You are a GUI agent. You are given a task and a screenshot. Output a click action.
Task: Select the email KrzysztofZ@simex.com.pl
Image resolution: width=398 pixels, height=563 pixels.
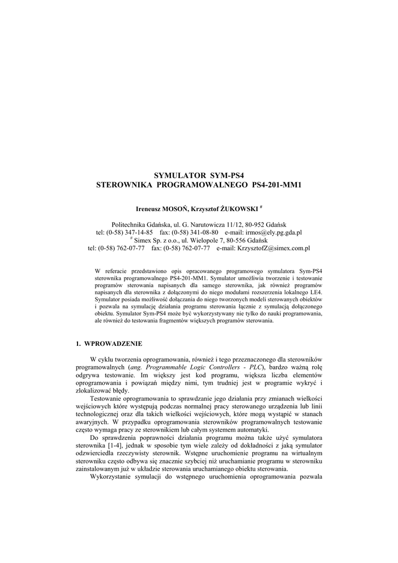(273, 248)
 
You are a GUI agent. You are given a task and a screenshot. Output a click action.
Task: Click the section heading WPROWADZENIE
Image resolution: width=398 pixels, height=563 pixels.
(113, 344)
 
